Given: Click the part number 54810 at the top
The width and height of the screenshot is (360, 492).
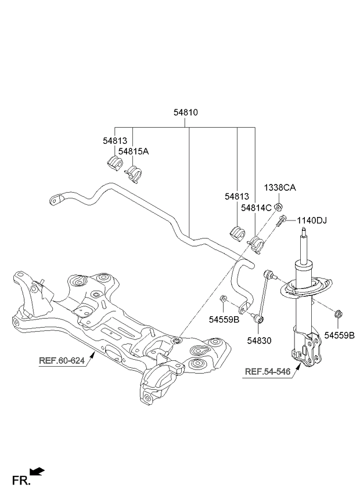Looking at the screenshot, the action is tap(186, 113).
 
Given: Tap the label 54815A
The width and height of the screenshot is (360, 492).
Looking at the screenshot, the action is tap(134, 151).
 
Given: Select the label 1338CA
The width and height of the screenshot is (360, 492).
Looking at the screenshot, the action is tap(280, 187).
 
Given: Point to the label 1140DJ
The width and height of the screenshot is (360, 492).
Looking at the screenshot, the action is tap(312, 220).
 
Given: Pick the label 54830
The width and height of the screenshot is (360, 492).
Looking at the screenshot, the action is tap(259, 341).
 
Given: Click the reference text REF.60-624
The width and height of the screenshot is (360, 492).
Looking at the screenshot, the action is tap(62, 360).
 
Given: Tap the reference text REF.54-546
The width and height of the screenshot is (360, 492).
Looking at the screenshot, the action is tap(268, 371).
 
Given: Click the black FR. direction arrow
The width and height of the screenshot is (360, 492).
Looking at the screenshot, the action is tap(37, 471).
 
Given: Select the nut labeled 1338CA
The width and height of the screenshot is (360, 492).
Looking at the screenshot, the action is tap(279, 207).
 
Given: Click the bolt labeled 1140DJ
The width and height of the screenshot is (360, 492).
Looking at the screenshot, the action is tap(281, 222).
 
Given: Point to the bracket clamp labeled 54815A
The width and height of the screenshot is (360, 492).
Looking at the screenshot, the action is tap(134, 174).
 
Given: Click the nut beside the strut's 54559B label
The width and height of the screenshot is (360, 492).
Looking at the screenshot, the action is tap(339, 314).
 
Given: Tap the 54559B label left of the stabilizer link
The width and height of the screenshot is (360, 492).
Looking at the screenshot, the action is tap(224, 320).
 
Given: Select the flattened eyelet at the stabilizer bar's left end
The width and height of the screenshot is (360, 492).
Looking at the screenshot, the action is tap(56, 200).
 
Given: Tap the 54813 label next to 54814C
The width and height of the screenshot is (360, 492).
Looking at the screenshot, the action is tap(236, 197).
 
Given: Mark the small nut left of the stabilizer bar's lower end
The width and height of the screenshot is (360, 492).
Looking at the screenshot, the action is tap(223, 298).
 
